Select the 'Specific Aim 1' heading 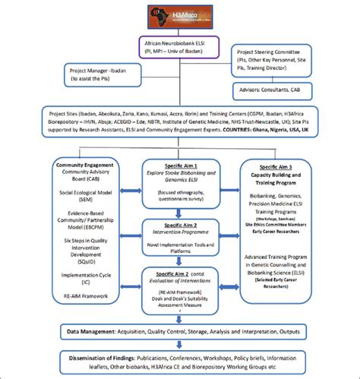click(180, 164)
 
